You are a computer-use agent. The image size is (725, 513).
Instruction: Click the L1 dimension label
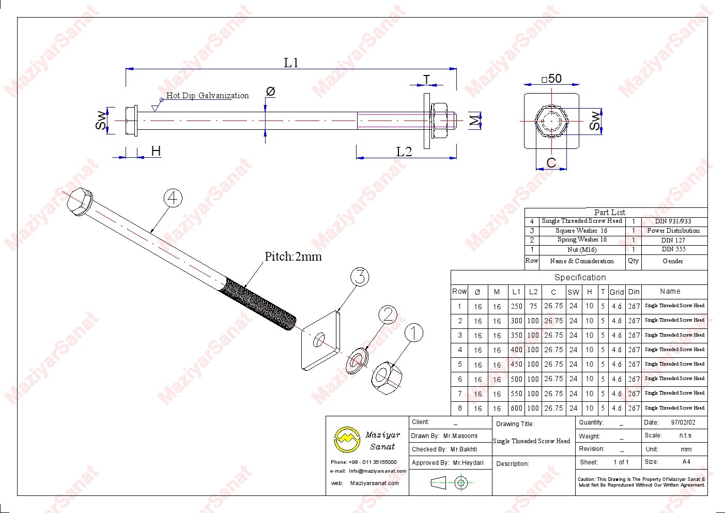tap(291, 63)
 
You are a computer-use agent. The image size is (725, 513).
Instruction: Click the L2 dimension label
tap(404, 152)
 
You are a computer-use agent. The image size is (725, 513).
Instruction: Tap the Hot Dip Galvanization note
tap(207, 96)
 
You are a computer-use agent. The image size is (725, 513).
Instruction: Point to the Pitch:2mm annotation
tap(293, 256)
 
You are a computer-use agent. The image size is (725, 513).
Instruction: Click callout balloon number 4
tap(173, 198)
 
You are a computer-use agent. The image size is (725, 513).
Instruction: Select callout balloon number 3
tap(360, 277)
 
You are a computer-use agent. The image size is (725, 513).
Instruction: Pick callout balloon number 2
tap(388, 315)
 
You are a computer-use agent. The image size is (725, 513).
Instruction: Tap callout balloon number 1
tap(413, 333)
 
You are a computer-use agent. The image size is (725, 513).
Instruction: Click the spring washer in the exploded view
tap(357, 360)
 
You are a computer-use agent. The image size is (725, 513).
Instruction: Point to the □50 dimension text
tap(551, 79)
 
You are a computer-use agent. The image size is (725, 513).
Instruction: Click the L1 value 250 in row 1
tap(516, 306)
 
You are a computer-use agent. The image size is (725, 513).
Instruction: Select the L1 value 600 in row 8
tap(516, 408)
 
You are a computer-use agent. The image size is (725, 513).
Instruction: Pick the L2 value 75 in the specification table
tap(533, 306)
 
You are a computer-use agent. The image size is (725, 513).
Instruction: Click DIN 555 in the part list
tap(673, 249)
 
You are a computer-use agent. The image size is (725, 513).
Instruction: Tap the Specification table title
tap(580, 278)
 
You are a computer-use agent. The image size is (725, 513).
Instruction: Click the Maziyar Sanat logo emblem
tap(347, 440)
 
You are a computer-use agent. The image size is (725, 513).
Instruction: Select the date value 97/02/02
tap(683, 423)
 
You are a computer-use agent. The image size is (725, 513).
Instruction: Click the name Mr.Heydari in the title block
tap(468, 463)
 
